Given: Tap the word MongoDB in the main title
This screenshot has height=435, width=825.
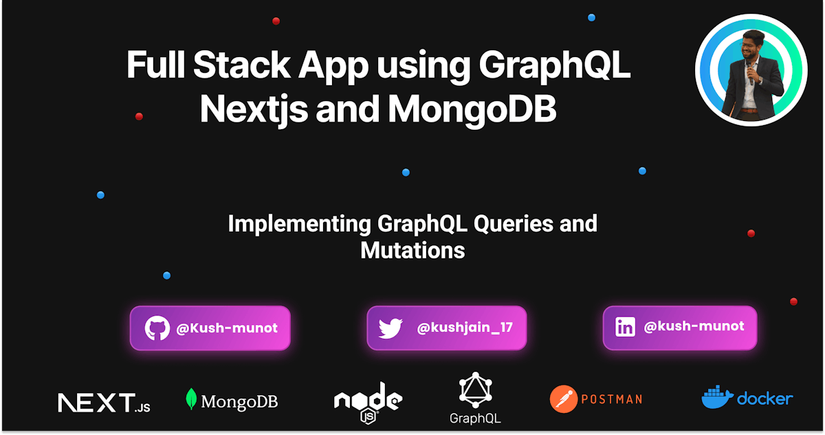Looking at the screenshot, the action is pyautogui.click(x=472, y=109).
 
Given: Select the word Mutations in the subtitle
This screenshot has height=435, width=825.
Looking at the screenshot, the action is pyautogui.click(x=412, y=251).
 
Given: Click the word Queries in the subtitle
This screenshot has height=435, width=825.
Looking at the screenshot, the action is pyautogui.click(x=513, y=225).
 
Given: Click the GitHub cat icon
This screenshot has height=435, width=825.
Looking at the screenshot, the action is pyautogui.click(x=157, y=328).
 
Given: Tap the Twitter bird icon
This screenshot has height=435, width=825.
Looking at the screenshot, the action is pyautogui.click(x=390, y=328).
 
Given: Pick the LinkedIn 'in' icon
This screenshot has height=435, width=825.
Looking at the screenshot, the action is pyautogui.click(x=625, y=327).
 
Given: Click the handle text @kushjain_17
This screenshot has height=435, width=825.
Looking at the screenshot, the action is pyautogui.click(x=465, y=327).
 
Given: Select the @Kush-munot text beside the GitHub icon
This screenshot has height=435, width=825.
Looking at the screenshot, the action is pyautogui.click(x=227, y=328).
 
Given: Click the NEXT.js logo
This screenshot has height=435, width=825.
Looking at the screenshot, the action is pyautogui.click(x=104, y=403).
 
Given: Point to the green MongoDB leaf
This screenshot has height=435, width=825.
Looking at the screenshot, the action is pyautogui.click(x=191, y=399).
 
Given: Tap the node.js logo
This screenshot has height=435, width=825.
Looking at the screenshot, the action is pyautogui.click(x=368, y=403).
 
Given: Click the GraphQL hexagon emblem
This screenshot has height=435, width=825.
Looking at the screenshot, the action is pyautogui.click(x=475, y=390).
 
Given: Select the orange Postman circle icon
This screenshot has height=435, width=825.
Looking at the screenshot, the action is pyautogui.click(x=564, y=399).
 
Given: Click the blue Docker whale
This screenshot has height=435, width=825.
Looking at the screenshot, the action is pyautogui.click(x=716, y=397).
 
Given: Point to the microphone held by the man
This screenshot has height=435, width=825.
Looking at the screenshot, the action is pyautogui.click(x=750, y=74).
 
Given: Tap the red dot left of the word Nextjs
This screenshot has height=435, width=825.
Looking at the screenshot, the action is pyautogui.click(x=139, y=117).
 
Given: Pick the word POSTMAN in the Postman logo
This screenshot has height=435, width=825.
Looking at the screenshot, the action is pyautogui.click(x=612, y=399).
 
